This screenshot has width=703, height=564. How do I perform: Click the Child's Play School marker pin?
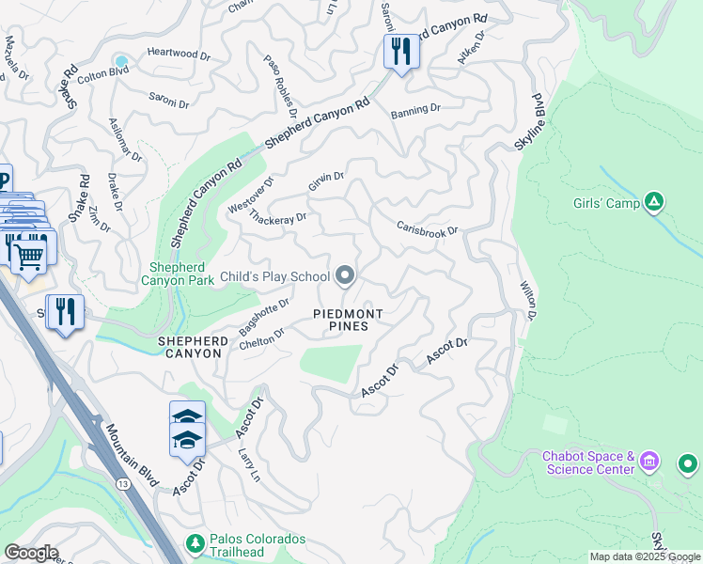pos(345,275)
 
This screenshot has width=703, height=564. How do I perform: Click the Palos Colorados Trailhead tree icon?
pos(195,543)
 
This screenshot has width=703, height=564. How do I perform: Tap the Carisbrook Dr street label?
pos(427,228)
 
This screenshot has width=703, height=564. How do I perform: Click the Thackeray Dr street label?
pos(278,217)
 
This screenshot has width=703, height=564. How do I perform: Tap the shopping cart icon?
pos(31,253)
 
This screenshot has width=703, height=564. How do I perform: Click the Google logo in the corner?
pos(30,553)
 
